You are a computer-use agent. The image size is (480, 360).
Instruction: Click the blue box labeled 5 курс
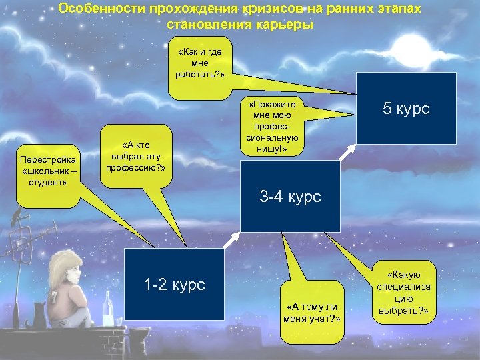tap(406, 108)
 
